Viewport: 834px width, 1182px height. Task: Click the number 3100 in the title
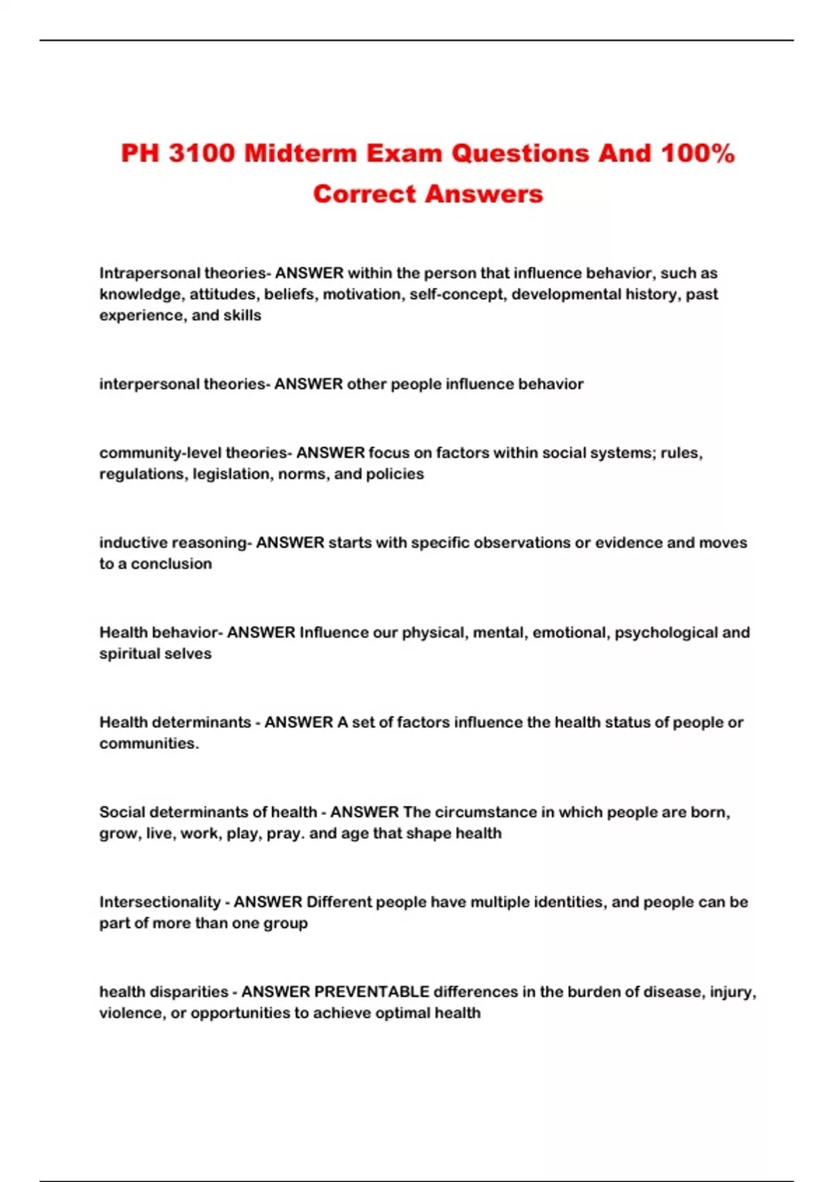click(202, 154)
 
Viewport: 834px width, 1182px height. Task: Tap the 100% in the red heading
click(697, 154)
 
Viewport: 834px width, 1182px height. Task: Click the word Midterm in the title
click(300, 154)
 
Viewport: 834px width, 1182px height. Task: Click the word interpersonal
click(149, 384)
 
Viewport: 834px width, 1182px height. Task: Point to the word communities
click(148, 743)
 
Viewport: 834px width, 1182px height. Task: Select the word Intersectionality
click(160, 902)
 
